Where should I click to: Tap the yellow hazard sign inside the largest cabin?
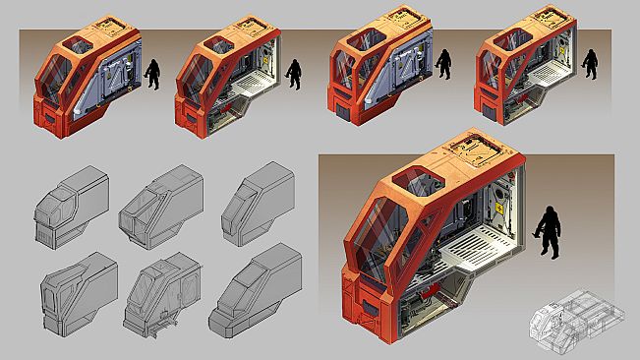pos(498,209)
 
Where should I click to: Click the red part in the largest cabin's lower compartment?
pos(433,295)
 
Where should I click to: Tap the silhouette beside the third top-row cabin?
pos(442,66)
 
